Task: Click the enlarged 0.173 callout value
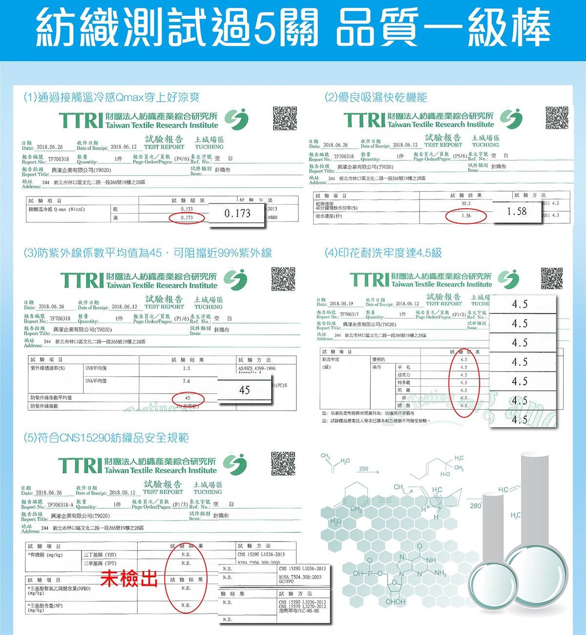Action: coord(237,214)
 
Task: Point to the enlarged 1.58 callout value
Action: coord(517,211)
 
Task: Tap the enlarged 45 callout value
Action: coord(245,390)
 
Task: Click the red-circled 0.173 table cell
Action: coord(187,218)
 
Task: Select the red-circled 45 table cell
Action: coord(188,398)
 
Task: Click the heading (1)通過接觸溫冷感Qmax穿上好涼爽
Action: coord(112,97)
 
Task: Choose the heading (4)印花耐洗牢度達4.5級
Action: coord(383,253)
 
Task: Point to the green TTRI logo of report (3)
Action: coord(81,280)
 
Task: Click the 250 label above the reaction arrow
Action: coord(363,469)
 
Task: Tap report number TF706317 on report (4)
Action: coord(349,314)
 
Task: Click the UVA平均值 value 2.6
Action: coord(186,381)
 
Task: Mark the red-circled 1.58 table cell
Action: coord(466,216)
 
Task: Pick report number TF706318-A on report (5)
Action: coord(61,504)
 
